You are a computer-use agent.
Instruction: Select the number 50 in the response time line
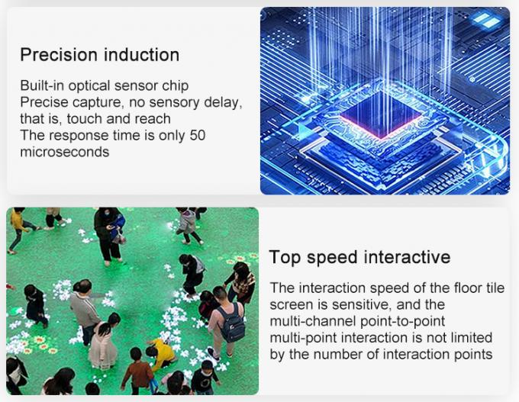click(x=197, y=135)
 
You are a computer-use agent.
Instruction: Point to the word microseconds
click(x=65, y=152)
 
